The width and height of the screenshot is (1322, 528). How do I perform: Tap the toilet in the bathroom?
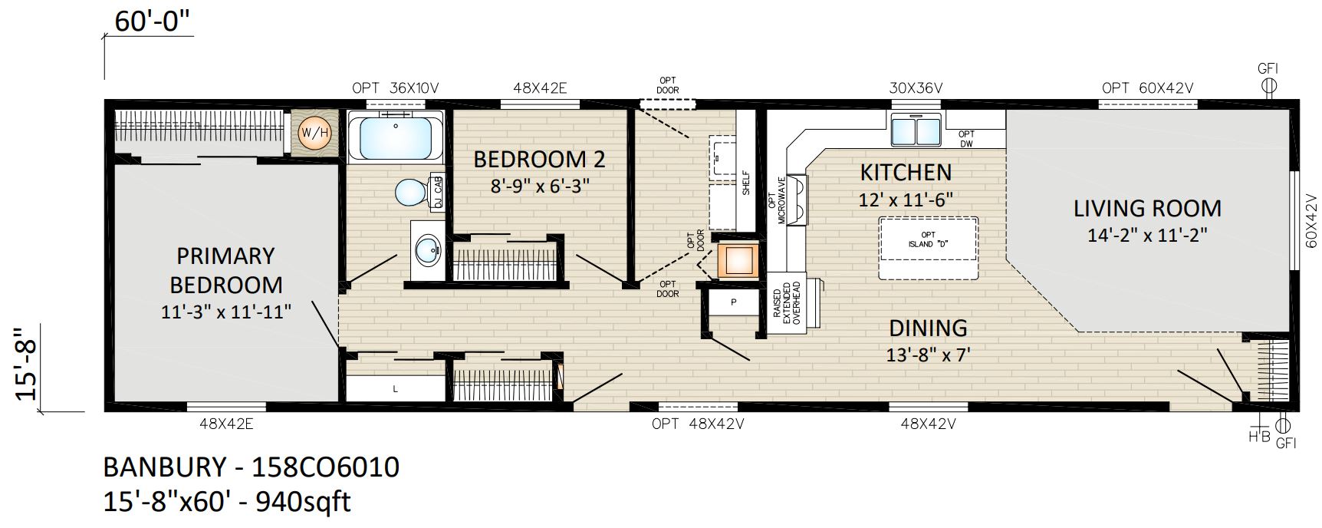pyautogui.click(x=414, y=192)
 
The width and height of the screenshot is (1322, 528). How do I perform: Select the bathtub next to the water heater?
pyautogui.click(x=395, y=136)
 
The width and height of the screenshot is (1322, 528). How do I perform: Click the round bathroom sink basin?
pyautogui.click(x=427, y=249)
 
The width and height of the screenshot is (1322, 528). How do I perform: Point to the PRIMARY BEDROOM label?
pyautogui.click(x=226, y=270)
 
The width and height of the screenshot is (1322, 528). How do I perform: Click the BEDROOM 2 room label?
pyautogui.click(x=539, y=160)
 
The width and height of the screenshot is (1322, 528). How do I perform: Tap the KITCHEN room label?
pyautogui.click(x=906, y=172)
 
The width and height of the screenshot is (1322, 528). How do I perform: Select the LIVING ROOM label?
pyautogui.click(x=1147, y=208)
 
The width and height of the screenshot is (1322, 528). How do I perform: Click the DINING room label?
pyautogui.click(x=928, y=328)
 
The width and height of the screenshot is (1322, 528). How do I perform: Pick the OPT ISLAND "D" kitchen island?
pyautogui.click(x=928, y=239)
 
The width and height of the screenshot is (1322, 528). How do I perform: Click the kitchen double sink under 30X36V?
pyautogui.click(x=916, y=128)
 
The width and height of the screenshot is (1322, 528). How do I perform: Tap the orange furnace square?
pyautogui.click(x=738, y=259)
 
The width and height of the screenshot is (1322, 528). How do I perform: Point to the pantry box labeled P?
pyautogui.click(x=733, y=302)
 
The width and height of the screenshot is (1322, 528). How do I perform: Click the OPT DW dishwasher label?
pyautogui.click(x=966, y=138)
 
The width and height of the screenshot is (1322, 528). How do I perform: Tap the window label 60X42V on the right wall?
pyautogui.click(x=1310, y=221)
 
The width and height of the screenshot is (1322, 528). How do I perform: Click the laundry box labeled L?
pyautogui.click(x=396, y=389)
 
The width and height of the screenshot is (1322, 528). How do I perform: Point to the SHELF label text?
pyautogui.click(x=745, y=183)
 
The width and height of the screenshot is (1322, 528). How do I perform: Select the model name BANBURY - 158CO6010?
pyautogui.click(x=252, y=467)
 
